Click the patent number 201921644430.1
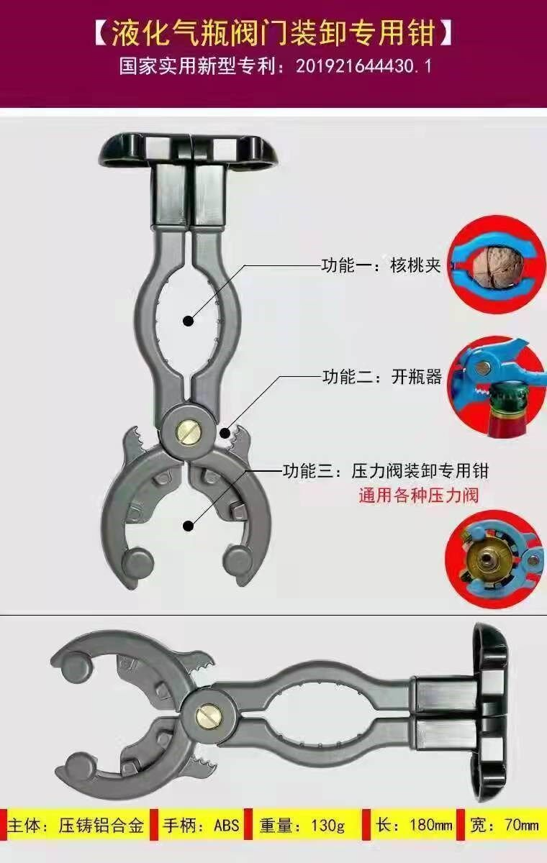point(363,67)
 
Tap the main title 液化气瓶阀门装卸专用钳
point(273,35)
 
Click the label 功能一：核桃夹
point(381,265)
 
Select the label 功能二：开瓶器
point(382,376)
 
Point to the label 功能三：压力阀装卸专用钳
point(386,471)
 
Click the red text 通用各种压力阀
point(419,495)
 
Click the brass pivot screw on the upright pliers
point(188,431)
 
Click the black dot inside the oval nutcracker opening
point(188,320)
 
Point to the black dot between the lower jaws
point(188,525)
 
